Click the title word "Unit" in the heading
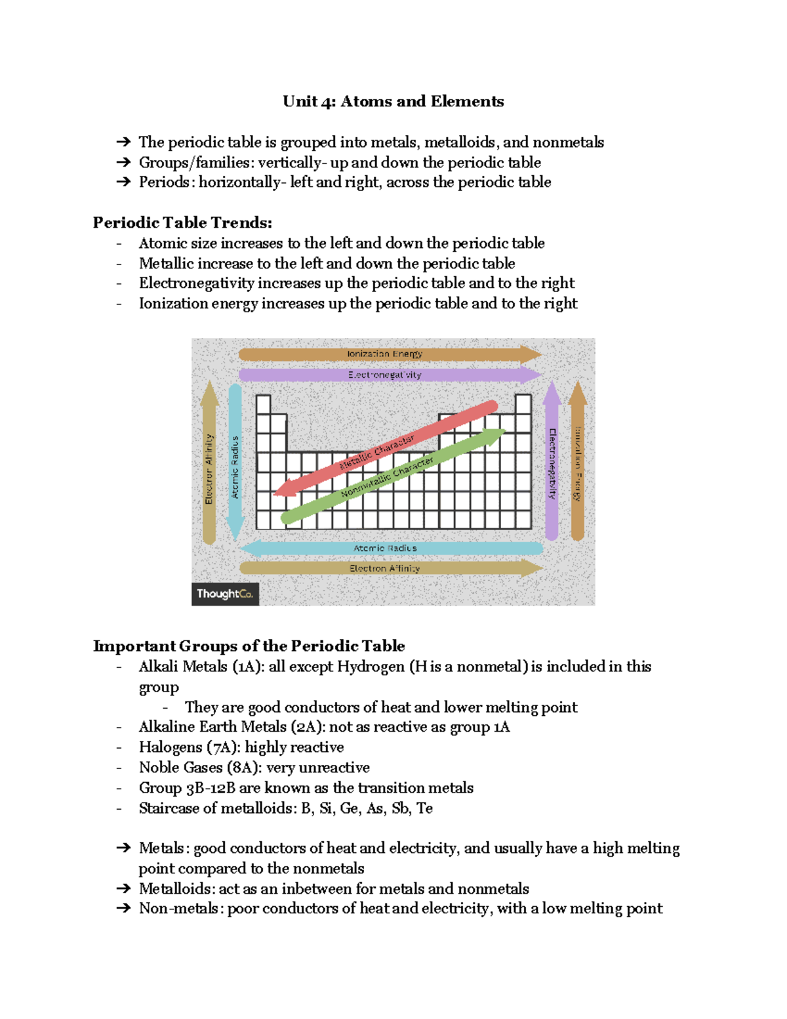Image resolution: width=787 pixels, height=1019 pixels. coord(300,102)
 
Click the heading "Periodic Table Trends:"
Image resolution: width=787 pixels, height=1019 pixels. coord(182,223)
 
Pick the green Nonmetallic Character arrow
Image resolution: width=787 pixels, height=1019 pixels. coord(393,476)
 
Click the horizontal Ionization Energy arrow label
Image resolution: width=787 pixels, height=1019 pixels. coord(385,354)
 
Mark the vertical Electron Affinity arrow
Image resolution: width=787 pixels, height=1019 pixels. coord(209,463)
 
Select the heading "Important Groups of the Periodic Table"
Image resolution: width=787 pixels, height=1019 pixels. coord(249,646)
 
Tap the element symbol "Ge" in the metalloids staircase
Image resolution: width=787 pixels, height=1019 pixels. coord(349,808)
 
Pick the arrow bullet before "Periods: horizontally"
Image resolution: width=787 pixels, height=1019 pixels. coord(123,182)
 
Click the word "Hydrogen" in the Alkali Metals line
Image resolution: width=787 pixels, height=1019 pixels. coord(371,667)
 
